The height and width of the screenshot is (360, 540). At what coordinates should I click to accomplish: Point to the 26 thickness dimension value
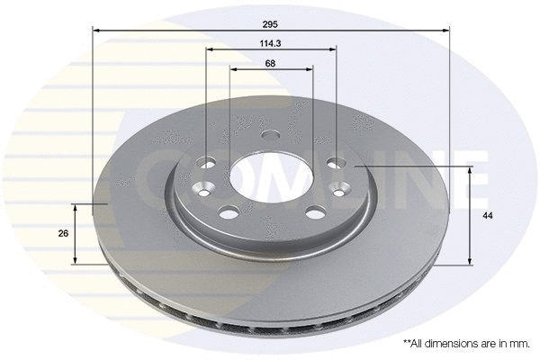[x=63, y=233]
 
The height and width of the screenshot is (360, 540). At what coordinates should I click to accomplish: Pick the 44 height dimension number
[x=486, y=216]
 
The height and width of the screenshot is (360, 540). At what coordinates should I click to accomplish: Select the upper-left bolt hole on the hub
[x=207, y=164]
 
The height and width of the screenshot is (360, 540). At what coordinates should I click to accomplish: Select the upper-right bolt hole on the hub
[x=337, y=163]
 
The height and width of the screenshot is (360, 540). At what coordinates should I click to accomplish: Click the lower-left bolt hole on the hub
[x=229, y=213]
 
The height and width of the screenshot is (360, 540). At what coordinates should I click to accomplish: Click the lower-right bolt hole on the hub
[x=314, y=213]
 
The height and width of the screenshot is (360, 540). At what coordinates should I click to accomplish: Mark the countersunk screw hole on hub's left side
[x=203, y=190]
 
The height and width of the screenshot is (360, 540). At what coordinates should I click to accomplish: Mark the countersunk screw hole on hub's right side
[x=341, y=188]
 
